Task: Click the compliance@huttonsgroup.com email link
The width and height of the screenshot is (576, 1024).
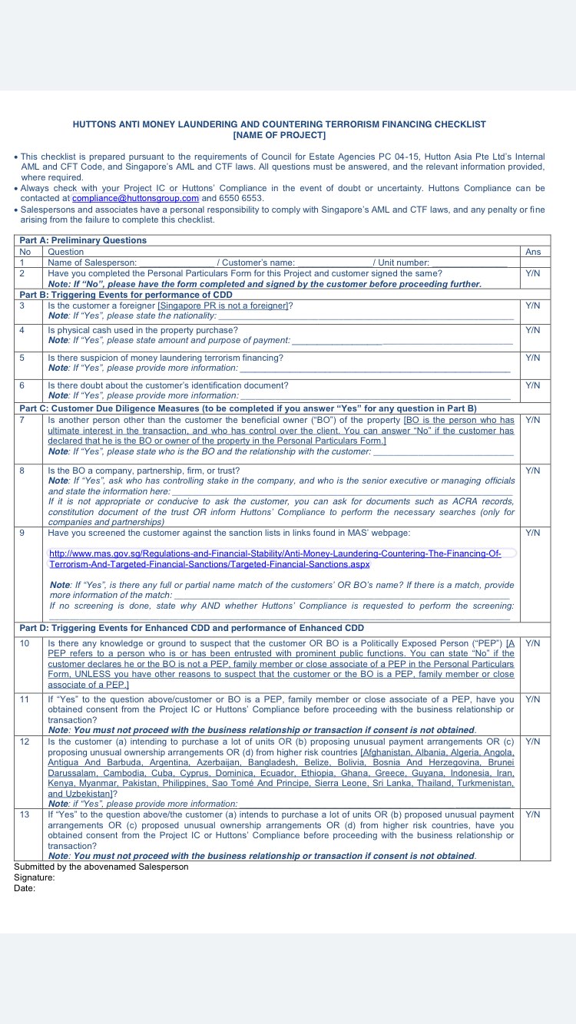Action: coord(135,198)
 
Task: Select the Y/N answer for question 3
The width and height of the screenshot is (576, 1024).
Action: coord(532,306)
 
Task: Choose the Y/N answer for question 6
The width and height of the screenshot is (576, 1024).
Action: coord(532,385)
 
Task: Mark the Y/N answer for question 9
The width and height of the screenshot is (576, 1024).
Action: coord(532,532)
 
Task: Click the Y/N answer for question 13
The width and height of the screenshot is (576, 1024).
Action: coord(532,814)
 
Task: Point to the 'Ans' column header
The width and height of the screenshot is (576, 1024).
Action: coord(532,251)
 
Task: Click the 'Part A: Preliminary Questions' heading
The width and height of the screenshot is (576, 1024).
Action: coord(83,240)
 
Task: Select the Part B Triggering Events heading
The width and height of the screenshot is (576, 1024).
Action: coord(125,295)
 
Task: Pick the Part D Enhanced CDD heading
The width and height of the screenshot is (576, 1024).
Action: coord(191,628)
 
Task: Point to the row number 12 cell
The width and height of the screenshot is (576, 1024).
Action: coord(25,742)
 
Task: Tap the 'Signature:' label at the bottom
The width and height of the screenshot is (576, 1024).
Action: coord(35,877)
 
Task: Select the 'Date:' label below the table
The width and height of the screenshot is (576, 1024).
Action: coord(25,888)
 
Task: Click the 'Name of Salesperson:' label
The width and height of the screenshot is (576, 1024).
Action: coord(92,263)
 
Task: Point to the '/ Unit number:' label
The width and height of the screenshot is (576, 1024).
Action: coord(402,263)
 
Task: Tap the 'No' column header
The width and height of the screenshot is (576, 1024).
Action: coord(25,251)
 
